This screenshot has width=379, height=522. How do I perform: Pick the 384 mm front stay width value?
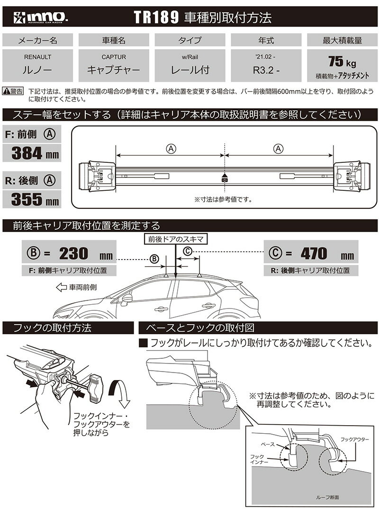pos(31,153)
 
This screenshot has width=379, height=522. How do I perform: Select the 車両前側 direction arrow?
pos(61,287)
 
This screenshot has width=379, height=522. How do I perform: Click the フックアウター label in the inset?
pos(354,439)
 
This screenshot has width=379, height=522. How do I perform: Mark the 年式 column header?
pos(266,41)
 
